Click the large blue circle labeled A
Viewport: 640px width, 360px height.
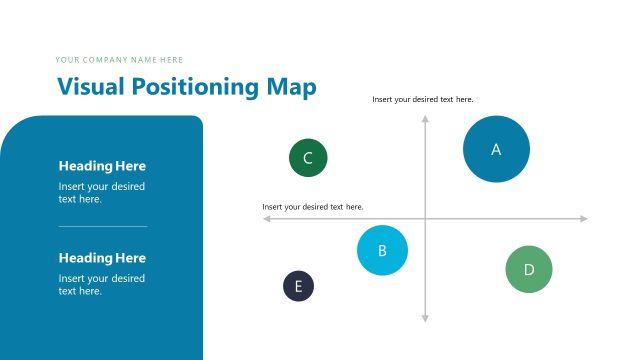coord(496,149)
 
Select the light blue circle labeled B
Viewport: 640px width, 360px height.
coord(382,250)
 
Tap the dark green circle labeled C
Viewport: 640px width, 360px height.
coord(308,158)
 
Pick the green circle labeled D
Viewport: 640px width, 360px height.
coord(529,269)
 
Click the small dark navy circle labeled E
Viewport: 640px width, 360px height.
coord(298,286)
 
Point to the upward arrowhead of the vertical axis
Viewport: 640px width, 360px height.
coord(425,119)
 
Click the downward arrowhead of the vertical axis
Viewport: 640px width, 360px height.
coord(425,318)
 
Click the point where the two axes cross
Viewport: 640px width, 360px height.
coord(425,218)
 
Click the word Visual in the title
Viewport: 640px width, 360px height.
coord(87,87)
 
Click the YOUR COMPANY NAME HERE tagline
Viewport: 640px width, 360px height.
coord(119,60)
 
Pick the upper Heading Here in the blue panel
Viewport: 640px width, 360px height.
coord(102,166)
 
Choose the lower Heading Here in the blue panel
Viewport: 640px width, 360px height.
coord(102,258)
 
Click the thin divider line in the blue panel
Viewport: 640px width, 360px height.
coord(102,226)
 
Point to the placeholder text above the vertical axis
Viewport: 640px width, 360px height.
coord(422,99)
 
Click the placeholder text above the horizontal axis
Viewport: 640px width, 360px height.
coord(312,207)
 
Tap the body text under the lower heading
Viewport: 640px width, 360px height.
coord(101,284)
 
